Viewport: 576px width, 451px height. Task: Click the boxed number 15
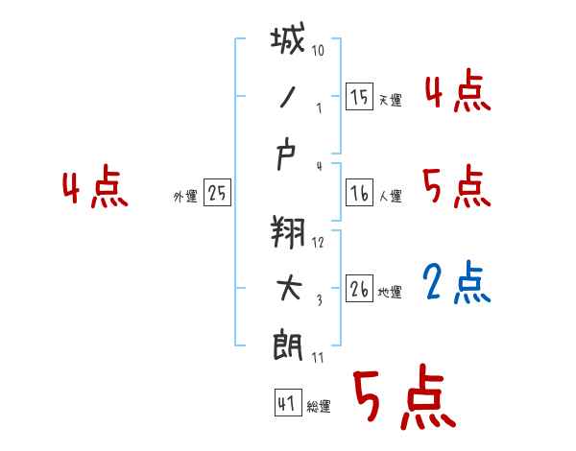click(359, 96)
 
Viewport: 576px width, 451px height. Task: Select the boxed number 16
click(359, 193)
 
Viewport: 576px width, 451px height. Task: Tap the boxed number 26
click(359, 289)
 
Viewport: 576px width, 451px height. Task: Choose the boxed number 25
click(217, 193)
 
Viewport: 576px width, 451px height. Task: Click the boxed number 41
click(285, 403)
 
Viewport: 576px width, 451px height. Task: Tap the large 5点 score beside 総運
click(403, 398)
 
